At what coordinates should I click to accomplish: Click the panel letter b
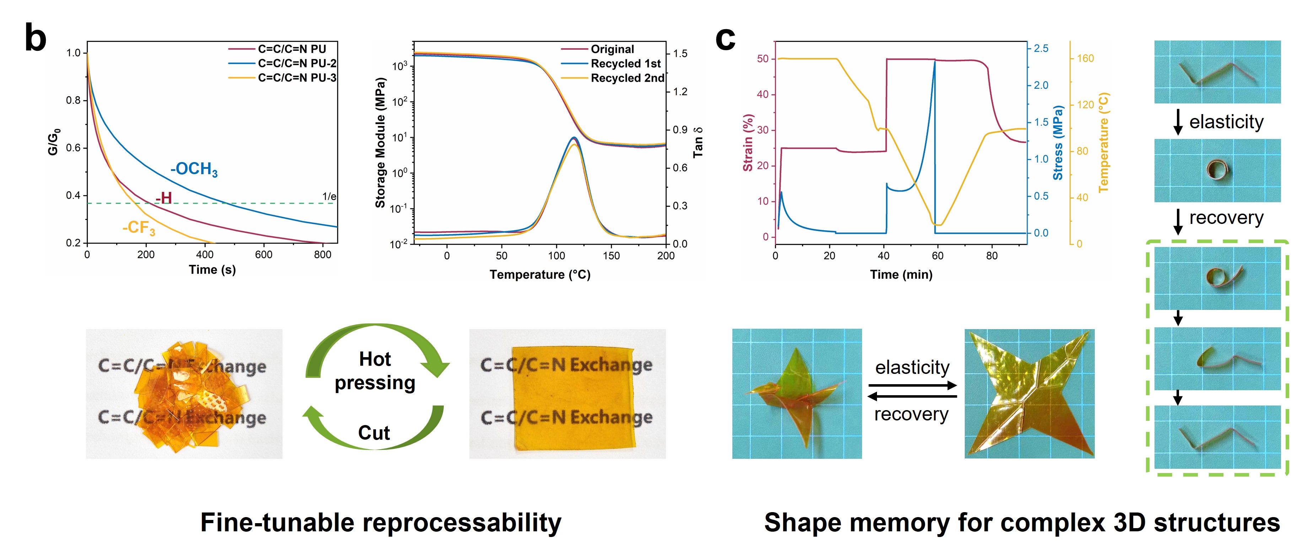click(x=35, y=38)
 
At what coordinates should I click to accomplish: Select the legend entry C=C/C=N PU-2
click(x=297, y=64)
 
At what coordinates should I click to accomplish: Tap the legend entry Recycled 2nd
click(x=627, y=78)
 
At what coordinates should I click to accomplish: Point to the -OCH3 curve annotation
click(x=194, y=169)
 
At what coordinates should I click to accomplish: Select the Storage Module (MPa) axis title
click(x=380, y=143)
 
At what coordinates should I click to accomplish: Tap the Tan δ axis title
click(x=698, y=143)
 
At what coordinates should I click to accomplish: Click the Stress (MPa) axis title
click(x=1058, y=143)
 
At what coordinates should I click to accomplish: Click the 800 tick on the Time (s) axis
click(x=322, y=255)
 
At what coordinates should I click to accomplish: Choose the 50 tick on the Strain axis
click(x=763, y=59)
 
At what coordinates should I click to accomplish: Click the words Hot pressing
click(x=375, y=371)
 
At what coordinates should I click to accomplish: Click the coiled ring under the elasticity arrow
click(x=1217, y=170)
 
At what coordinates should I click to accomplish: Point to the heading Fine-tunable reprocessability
click(x=381, y=523)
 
